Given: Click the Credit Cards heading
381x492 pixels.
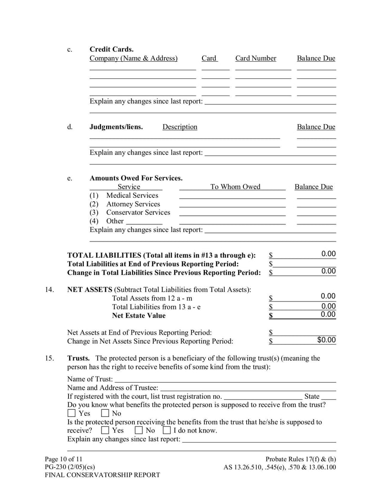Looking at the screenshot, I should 111,49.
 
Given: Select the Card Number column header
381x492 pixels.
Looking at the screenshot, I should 255,58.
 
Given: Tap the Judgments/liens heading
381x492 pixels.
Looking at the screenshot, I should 116,126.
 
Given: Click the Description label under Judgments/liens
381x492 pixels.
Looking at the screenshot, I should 180,126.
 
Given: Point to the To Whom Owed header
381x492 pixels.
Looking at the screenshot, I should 235,186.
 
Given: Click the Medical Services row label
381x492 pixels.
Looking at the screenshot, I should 132,195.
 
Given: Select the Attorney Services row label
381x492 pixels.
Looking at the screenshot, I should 133,203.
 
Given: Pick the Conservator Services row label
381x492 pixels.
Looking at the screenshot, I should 138,212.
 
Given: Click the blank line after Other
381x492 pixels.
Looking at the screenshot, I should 144,221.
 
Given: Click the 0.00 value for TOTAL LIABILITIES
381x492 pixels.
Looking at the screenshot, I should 328,254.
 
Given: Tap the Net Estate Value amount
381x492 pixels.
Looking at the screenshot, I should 328,314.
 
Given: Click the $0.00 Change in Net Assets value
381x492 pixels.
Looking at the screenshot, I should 326,340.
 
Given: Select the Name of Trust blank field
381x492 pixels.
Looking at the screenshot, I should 225,379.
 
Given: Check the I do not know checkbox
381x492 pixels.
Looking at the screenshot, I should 167,430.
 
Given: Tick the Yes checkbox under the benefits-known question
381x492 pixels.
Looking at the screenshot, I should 72,413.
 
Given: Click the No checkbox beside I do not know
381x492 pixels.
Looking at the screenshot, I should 139,430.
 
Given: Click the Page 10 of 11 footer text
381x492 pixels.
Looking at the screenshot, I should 63,459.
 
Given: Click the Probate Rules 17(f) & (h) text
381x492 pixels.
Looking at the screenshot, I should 301,459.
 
